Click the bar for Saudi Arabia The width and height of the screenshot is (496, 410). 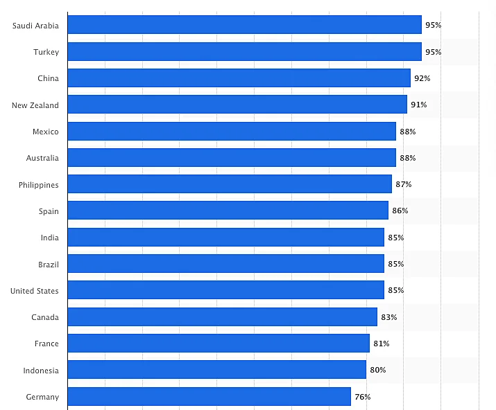244,25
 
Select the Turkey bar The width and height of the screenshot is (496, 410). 244,52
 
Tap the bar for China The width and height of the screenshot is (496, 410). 239,78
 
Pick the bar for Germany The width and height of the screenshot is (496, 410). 209,397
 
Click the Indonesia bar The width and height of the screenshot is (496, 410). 216,370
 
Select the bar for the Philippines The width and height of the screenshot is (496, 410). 230,184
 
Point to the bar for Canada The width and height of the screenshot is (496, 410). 222,317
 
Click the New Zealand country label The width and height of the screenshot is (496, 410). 35,105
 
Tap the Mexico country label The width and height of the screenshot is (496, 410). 46,132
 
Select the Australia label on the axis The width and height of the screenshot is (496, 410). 42,158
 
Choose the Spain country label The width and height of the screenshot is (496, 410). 49,211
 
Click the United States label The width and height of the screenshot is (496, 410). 35,291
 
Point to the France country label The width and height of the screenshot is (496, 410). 46,344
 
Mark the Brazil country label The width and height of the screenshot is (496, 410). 49,265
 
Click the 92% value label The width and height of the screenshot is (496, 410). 422,78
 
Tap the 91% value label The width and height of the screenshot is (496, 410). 418,105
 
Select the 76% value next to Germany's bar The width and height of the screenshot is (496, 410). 362,397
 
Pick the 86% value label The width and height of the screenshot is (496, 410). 400,211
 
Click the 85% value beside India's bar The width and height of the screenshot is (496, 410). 395,238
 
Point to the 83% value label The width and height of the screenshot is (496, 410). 388,317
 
